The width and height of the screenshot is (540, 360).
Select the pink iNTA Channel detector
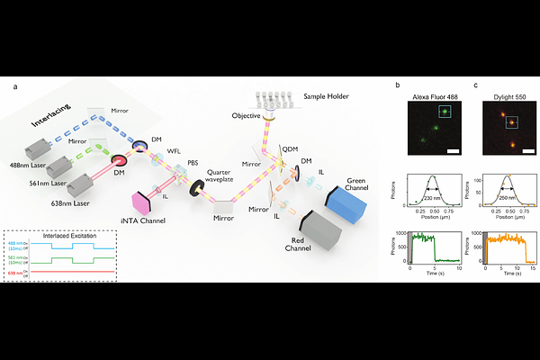coord(143,200)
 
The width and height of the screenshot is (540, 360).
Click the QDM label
coord(290,148)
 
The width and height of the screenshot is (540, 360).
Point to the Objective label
coord(247,115)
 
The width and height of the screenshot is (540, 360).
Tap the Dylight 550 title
coord(508,93)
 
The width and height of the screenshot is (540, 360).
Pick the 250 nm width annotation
coord(508,197)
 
